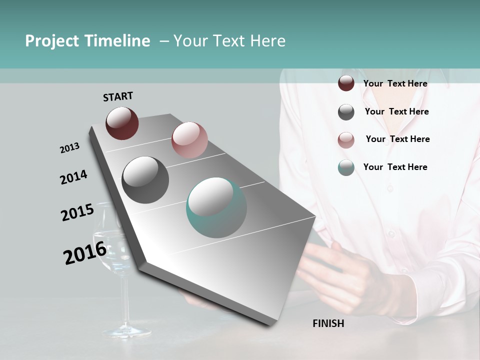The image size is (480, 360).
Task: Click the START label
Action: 118,96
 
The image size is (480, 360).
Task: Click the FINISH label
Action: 328,323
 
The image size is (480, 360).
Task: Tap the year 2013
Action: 69,148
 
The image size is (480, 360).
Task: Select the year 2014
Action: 73,177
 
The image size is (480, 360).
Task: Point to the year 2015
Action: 77,212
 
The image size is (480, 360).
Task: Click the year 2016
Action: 84,253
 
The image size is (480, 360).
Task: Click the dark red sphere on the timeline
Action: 122,123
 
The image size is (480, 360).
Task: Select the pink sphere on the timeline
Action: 189,140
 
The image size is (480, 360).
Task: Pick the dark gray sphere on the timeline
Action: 145,180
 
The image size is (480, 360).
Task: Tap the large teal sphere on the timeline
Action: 216,207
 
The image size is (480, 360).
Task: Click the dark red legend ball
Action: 346,83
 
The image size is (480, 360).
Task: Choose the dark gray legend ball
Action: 346,112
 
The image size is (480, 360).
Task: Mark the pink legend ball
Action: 346,140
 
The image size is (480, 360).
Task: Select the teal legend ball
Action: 346,167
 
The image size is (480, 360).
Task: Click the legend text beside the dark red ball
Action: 395,83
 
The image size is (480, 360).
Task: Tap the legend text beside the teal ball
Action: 395,167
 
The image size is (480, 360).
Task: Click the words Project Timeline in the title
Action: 87,41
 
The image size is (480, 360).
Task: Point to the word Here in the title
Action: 267,41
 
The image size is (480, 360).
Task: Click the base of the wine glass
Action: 126,331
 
